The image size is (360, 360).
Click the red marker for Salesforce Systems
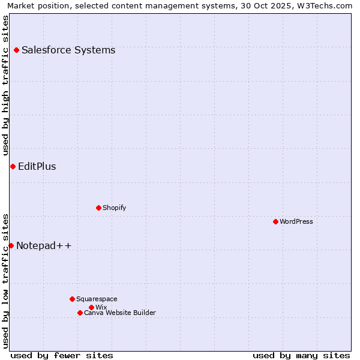(16, 50)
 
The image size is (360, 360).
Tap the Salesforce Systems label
(68, 50)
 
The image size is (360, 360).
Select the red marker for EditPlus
(13, 166)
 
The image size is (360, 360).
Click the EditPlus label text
(37, 167)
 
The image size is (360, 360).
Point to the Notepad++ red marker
(11, 245)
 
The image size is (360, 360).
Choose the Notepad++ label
(44, 245)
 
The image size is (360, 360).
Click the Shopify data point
(98, 208)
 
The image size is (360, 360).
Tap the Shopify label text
(115, 208)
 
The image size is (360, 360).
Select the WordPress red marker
(275, 221)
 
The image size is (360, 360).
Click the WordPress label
(296, 221)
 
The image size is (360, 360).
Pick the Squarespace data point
(72, 299)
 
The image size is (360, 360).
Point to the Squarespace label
(97, 299)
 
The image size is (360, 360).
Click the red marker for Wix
(91, 307)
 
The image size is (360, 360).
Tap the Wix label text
(101, 307)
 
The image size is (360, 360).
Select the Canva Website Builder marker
(80, 313)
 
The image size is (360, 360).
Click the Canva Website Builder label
(120, 313)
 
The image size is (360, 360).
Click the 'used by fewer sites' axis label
(62, 355)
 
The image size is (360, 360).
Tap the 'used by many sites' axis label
(301, 355)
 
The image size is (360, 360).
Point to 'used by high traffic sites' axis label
(5, 86)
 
